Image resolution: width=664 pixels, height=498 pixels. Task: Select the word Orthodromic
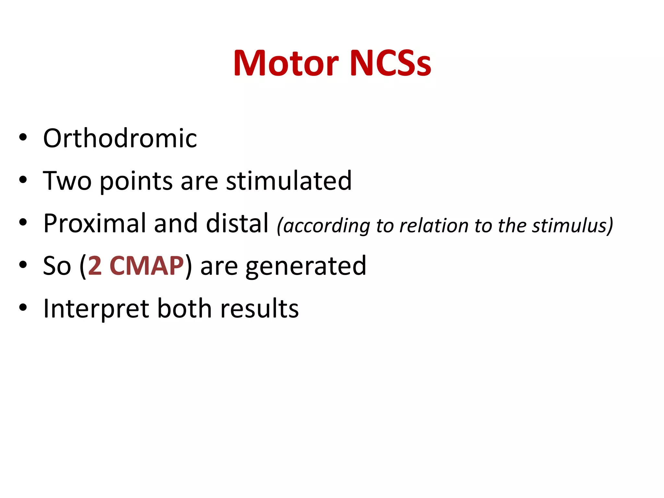click(120, 138)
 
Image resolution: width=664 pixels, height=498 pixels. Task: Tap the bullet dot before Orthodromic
click(23, 137)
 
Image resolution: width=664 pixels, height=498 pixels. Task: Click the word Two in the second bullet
click(67, 181)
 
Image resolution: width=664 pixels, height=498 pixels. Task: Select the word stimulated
click(289, 181)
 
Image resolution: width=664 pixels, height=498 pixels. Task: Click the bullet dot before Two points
click(23, 180)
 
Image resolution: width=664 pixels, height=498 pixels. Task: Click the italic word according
click(324, 226)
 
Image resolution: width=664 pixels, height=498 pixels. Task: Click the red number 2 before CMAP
click(95, 266)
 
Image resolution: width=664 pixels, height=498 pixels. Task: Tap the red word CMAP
click(147, 266)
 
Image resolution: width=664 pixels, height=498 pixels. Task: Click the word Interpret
click(96, 309)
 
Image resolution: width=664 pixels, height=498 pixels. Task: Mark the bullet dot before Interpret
click(23, 307)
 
